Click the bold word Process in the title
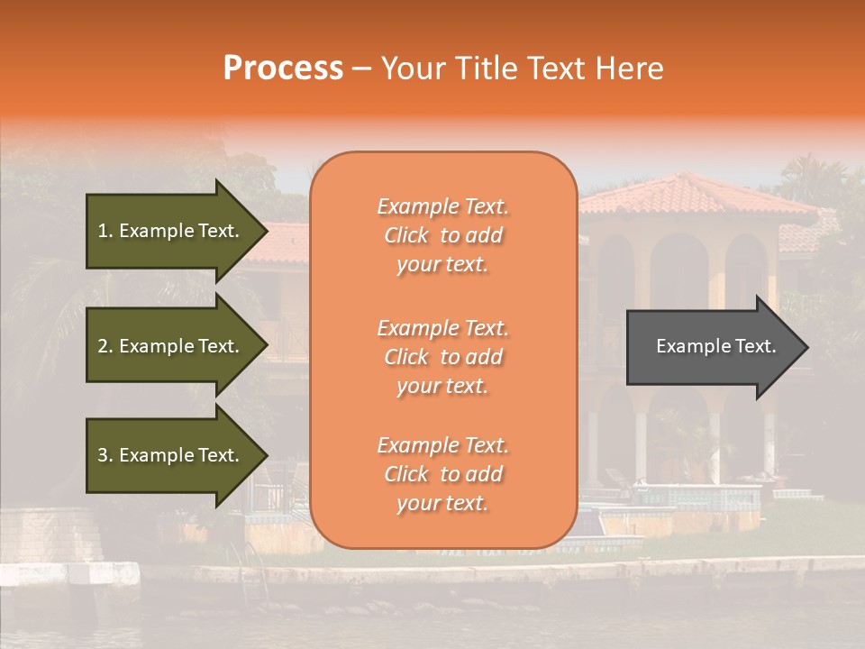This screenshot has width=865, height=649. (x=283, y=69)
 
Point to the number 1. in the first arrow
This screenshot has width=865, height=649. (x=105, y=231)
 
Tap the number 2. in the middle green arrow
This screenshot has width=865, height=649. (x=105, y=346)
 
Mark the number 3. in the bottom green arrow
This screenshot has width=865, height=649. (x=105, y=455)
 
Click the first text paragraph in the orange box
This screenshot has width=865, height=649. (x=442, y=235)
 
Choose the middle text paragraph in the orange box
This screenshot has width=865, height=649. (x=442, y=357)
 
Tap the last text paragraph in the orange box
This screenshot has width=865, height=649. (x=442, y=474)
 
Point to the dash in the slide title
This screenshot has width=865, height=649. (x=361, y=69)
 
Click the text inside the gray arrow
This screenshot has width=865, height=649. (x=716, y=346)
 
